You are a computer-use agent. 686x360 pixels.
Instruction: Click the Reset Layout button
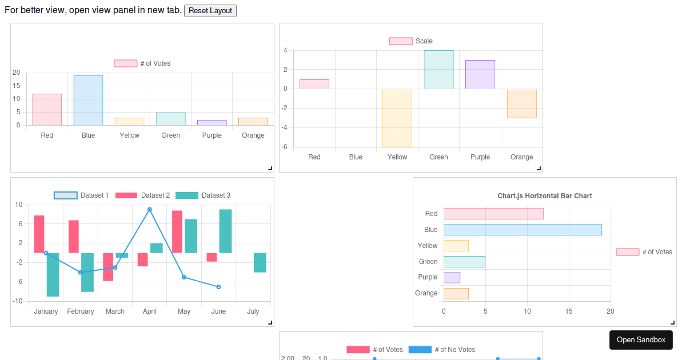[x=210, y=11]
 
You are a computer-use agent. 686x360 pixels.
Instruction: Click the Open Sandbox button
[x=641, y=339]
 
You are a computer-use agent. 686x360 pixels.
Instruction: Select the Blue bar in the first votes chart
[x=88, y=100]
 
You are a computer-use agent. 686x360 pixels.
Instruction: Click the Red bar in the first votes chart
[x=47, y=109]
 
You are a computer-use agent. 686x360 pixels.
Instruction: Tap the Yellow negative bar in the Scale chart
[x=397, y=118]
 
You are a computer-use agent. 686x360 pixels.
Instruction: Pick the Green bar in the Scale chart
[x=438, y=70]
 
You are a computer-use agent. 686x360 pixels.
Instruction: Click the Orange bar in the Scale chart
[x=521, y=103]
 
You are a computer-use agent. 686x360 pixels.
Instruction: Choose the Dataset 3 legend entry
[x=203, y=195]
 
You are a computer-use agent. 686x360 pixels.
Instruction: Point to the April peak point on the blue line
[x=149, y=210]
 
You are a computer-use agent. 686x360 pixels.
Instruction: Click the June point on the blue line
[x=218, y=287]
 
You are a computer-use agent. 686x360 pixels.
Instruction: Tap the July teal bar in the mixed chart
[x=260, y=263]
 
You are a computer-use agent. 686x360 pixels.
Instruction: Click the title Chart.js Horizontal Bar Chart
[x=544, y=196]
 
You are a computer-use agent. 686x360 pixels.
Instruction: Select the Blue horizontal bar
[x=523, y=230]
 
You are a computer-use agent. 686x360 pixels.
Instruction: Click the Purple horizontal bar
[x=452, y=277]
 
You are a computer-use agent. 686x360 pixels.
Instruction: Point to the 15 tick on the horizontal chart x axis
[x=569, y=311]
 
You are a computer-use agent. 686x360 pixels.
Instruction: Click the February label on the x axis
[x=80, y=311]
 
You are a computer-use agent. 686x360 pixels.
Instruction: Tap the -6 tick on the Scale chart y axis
[x=284, y=147]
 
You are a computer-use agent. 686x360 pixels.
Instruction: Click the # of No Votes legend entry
[x=442, y=350]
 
